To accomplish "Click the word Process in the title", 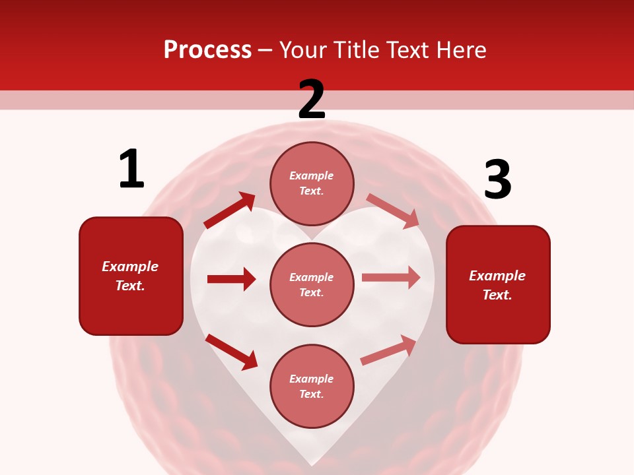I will click(207, 49).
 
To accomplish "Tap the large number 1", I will click(131, 169).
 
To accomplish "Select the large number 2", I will click(312, 100).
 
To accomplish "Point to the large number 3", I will click(497, 179).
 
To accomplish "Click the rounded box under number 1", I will click(131, 276).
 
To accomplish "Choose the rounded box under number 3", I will click(498, 284).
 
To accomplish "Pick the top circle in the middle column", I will click(312, 183).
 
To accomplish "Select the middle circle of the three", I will click(312, 284).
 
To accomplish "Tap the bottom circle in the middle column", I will click(312, 386).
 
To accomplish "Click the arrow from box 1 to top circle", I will click(230, 210).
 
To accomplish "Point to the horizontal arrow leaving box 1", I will click(231, 279).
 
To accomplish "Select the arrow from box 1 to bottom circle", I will click(231, 351).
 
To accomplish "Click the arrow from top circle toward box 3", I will click(393, 210).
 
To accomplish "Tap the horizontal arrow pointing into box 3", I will click(391, 278).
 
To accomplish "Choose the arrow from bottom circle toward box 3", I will click(389, 350).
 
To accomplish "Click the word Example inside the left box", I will click(130, 267).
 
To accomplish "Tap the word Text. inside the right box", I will click(497, 295).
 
